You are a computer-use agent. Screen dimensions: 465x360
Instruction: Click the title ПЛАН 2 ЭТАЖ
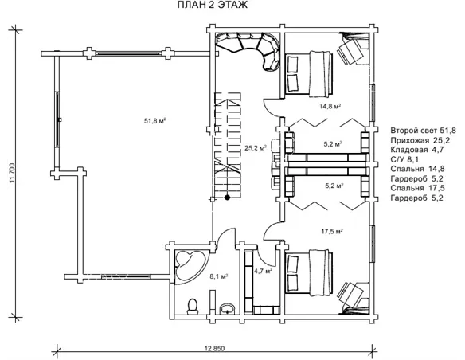click(213, 5)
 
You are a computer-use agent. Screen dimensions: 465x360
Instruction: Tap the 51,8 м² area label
click(154, 121)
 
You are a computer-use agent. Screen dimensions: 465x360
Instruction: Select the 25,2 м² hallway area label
click(256, 147)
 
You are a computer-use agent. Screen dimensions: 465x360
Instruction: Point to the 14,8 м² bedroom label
click(330, 106)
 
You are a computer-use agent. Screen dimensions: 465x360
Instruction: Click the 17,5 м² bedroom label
click(333, 231)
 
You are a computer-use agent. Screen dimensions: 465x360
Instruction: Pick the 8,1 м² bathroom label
click(219, 276)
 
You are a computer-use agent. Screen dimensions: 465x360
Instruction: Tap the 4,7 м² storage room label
click(264, 271)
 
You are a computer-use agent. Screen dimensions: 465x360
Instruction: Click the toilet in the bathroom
click(193, 306)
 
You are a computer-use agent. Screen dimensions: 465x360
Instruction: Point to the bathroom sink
click(228, 309)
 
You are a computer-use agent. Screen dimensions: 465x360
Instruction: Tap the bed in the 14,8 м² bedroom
click(309, 73)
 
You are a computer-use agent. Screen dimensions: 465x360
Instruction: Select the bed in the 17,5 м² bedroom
click(309, 273)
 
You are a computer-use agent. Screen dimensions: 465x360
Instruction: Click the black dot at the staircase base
click(227, 198)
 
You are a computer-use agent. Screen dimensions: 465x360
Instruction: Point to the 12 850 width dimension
click(215, 348)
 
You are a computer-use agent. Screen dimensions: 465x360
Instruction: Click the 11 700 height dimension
click(13, 173)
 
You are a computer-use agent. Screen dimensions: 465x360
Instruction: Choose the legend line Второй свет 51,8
click(423, 131)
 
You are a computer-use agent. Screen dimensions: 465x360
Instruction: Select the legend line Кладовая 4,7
click(417, 150)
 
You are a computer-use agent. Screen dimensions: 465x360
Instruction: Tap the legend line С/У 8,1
click(404, 159)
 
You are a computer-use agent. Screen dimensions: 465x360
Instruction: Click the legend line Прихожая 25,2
click(420, 140)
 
